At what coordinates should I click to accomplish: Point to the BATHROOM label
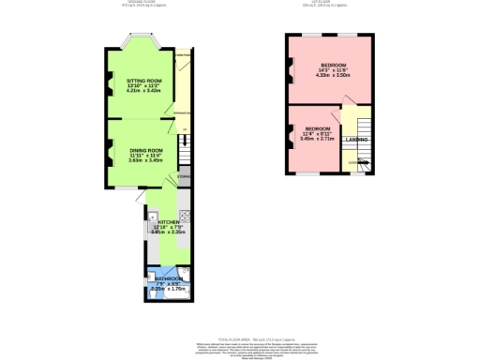pyautogui.click(x=169, y=278)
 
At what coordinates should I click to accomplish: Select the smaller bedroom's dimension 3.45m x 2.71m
pyautogui.click(x=316, y=139)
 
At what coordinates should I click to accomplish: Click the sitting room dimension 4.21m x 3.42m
pyautogui.click(x=144, y=93)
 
